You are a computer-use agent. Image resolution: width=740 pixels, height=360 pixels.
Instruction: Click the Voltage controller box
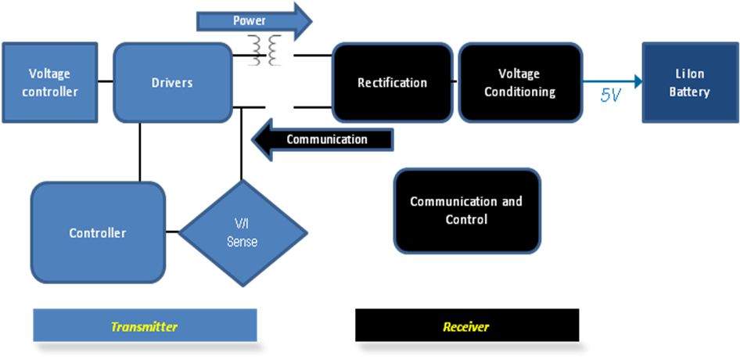49,82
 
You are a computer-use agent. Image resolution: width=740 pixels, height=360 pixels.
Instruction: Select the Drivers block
172,82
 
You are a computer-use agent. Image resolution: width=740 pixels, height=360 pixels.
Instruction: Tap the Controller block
98,232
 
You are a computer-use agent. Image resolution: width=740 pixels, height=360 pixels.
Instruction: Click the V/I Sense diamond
242,233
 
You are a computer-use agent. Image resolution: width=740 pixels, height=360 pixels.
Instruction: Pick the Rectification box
392,82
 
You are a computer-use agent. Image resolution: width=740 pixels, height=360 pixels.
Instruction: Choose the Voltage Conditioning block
519,82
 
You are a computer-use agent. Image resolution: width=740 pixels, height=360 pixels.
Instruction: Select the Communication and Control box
466,211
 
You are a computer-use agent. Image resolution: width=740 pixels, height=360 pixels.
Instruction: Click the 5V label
611,95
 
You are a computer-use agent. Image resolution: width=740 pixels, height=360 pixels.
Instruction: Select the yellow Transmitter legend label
145,326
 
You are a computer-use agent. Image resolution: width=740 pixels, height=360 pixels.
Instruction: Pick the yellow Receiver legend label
466,326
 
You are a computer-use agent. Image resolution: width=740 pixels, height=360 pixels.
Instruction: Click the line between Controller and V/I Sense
173,232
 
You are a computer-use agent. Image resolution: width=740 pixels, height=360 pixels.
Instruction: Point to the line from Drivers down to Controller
140,152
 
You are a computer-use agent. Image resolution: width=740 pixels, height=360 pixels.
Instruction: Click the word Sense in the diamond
242,242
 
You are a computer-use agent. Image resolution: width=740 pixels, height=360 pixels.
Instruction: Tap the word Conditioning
519,92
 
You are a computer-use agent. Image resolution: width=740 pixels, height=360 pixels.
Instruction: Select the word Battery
689,92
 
